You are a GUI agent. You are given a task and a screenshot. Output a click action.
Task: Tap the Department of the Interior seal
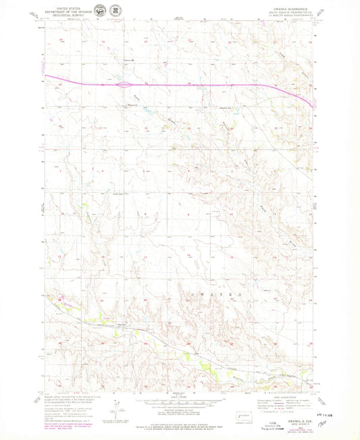pos(101,12)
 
